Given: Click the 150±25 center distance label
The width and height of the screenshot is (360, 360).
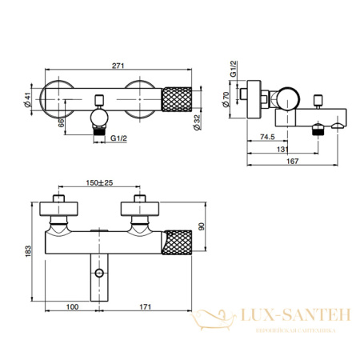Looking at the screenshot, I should click(100, 182).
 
